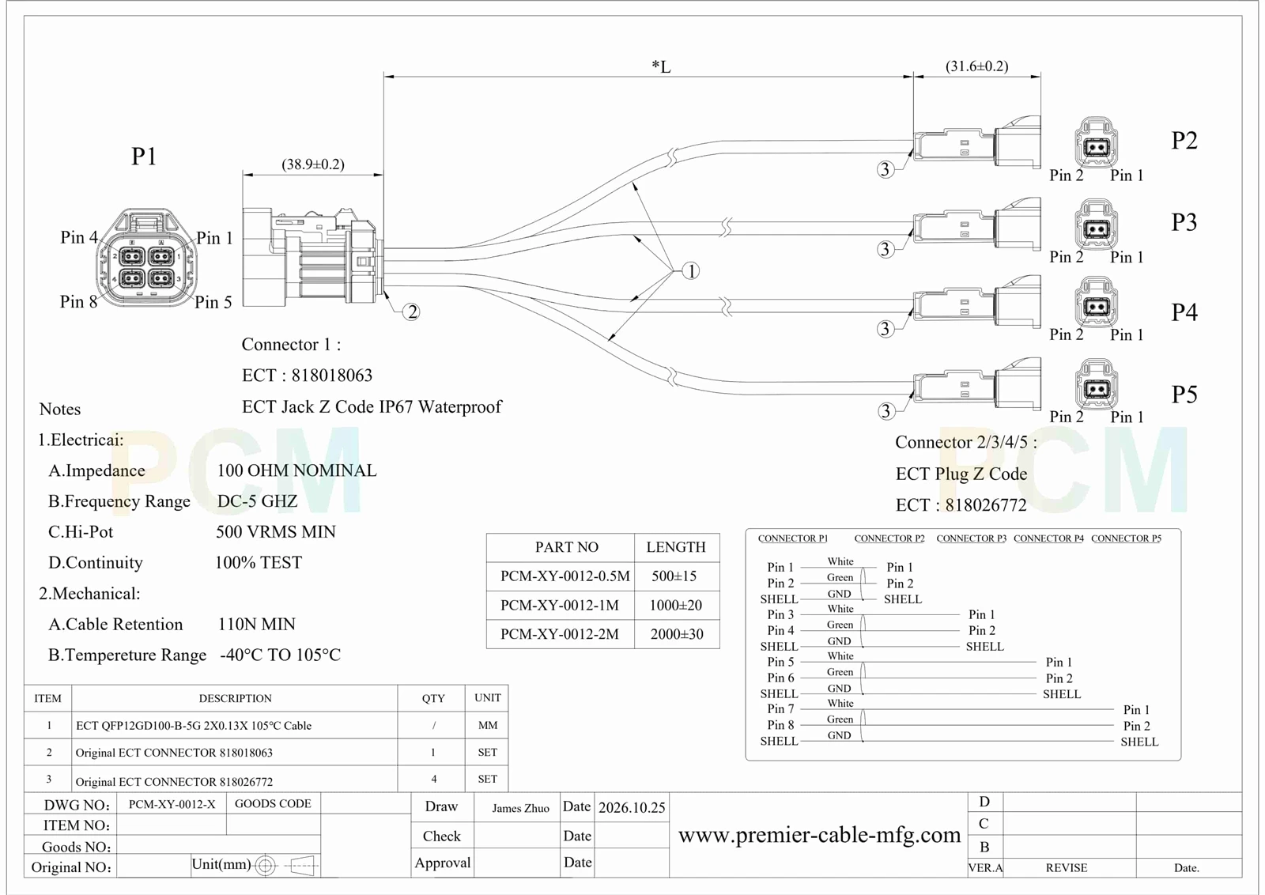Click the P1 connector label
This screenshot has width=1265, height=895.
click(144, 157)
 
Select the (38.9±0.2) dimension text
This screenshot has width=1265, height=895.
click(313, 164)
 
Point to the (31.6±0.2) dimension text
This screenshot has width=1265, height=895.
click(977, 66)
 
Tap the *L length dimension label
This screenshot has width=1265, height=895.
click(661, 67)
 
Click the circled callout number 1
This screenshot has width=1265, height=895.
click(691, 271)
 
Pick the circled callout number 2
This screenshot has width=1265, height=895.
click(412, 312)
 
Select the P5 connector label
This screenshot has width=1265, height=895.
click(1184, 395)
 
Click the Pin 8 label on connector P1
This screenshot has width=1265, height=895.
click(78, 301)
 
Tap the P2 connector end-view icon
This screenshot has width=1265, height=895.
click(1097, 143)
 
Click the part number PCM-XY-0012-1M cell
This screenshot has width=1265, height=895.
click(560, 606)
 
